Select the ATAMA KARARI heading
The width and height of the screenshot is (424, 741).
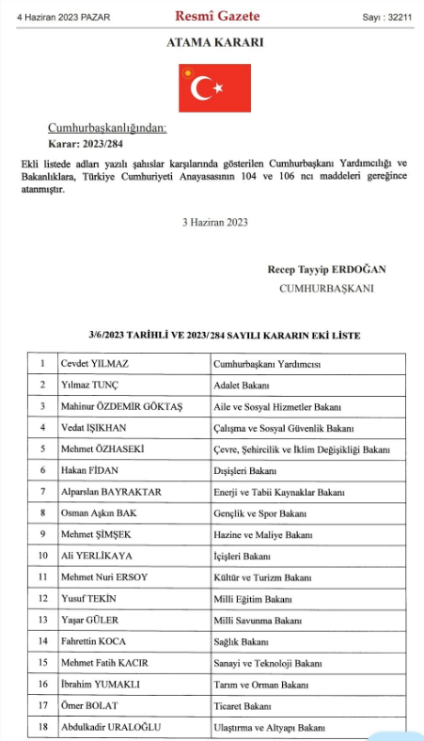pyautogui.click(x=214, y=43)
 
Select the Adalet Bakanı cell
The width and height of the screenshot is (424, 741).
pyautogui.click(x=243, y=385)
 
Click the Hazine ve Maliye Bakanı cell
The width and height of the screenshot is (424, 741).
pyautogui.click(x=260, y=534)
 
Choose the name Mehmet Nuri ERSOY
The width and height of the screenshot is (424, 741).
pyautogui.click(x=105, y=577)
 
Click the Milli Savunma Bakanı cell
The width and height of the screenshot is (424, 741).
pyautogui.click(x=258, y=621)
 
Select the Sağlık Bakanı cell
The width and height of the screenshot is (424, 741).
pyautogui.click(x=241, y=642)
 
